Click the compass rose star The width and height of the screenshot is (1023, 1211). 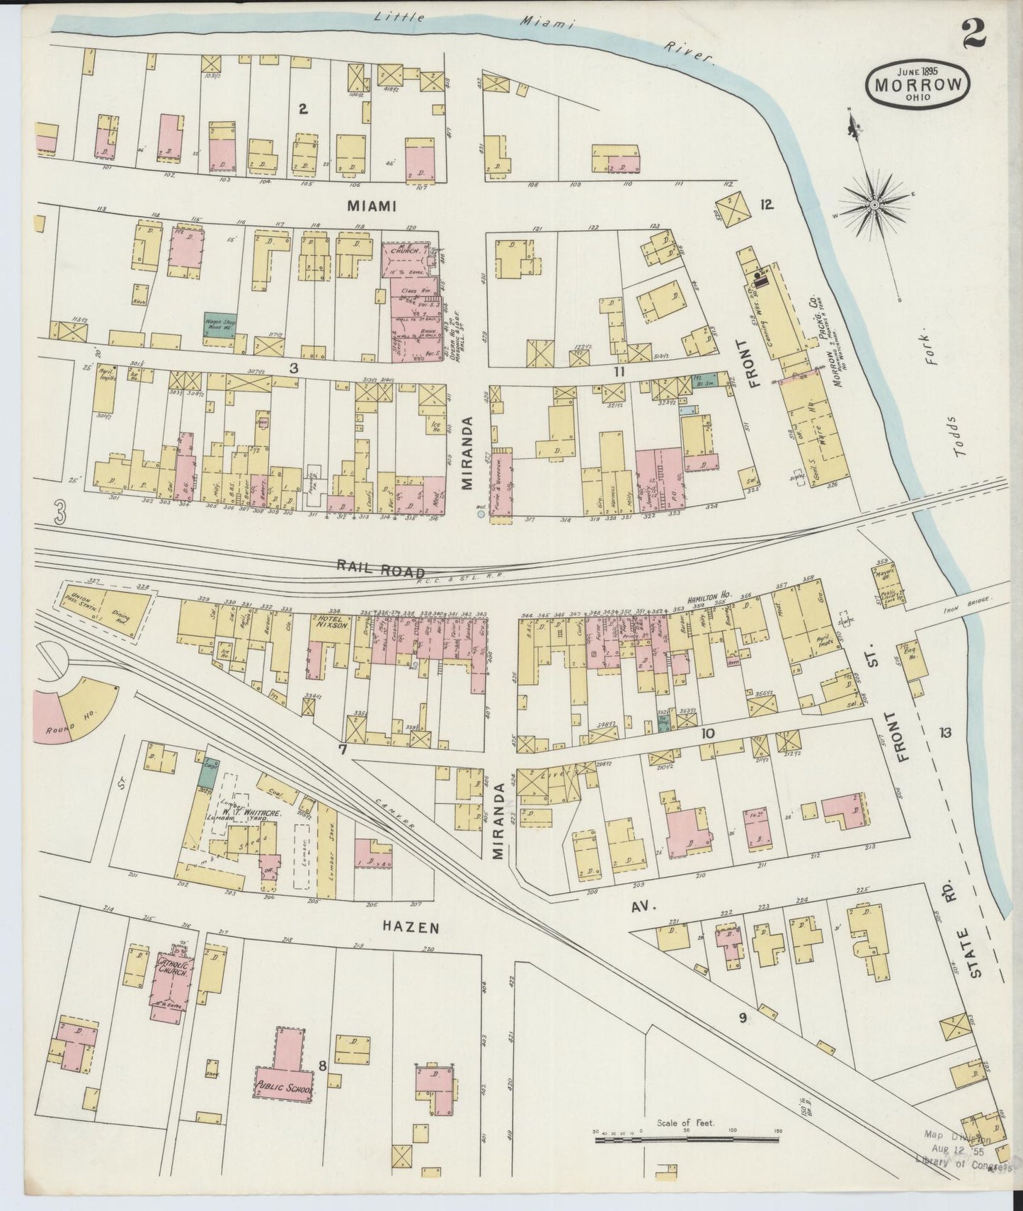[874, 205]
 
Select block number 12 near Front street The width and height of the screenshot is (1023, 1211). [766, 205]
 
